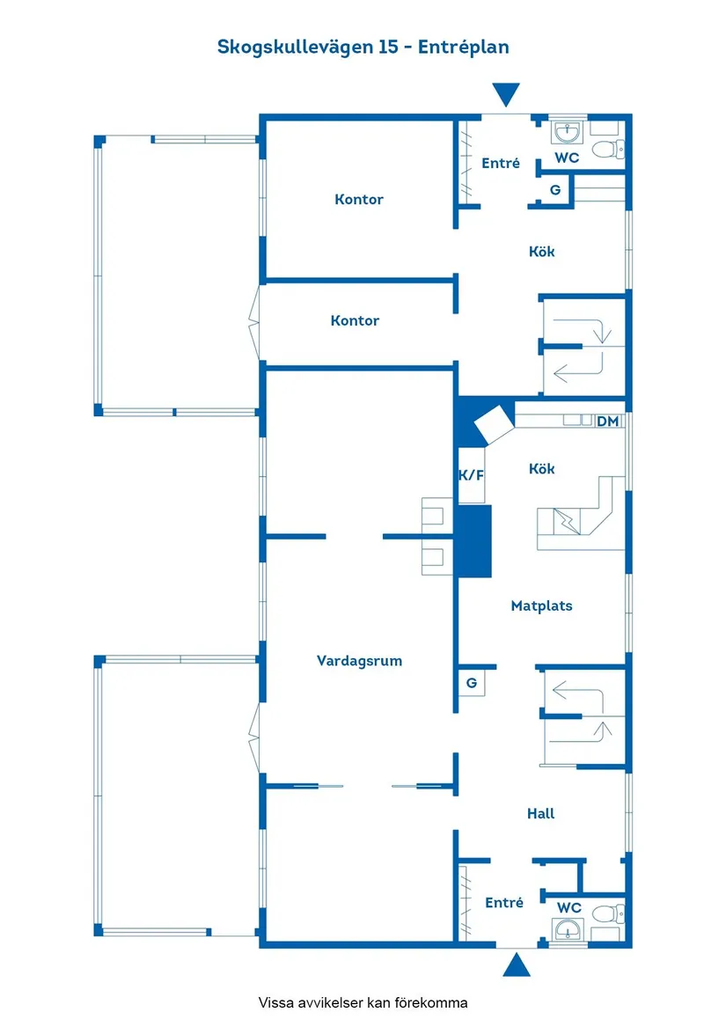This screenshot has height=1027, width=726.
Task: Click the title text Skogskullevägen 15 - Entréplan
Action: [363, 47]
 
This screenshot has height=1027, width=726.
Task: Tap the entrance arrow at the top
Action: [506, 94]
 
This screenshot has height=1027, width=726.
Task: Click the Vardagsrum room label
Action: [359, 660]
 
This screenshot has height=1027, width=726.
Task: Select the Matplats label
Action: [541, 605]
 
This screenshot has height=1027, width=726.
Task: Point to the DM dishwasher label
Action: [608, 422]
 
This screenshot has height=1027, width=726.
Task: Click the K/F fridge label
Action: [472, 475]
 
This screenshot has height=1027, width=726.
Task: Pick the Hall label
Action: [540, 813]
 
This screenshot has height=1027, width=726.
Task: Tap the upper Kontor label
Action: [359, 200]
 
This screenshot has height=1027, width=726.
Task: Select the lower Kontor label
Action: [355, 320]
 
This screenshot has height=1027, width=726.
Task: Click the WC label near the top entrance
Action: [567, 158]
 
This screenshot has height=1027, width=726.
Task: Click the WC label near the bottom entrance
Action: [569, 906]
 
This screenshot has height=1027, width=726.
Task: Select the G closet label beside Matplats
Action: [472, 683]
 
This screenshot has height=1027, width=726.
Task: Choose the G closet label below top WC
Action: [555, 189]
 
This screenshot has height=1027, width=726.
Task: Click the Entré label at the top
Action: [501, 163]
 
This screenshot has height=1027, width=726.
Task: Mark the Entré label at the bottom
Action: [504, 902]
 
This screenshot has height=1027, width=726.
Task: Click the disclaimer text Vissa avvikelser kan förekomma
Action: [363, 1002]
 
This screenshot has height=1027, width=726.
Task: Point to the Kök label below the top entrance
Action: [542, 251]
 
